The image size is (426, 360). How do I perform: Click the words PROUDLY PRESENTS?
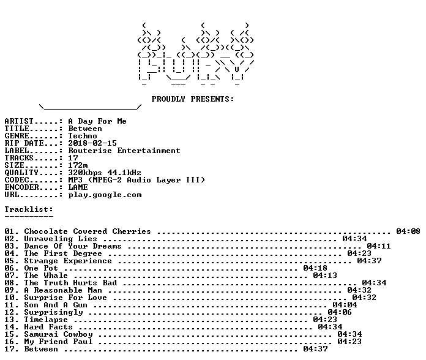(193, 99)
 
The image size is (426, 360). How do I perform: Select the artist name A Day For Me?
(97, 121)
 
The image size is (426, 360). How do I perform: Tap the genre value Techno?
(83, 136)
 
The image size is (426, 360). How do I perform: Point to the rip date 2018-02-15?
(92, 143)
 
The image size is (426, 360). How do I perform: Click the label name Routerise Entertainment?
(124, 151)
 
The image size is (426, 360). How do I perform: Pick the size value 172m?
(78, 165)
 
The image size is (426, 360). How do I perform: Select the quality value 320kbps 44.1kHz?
(105, 173)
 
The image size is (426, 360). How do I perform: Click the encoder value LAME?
(78, 187)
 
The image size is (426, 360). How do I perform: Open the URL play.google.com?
(105, 195)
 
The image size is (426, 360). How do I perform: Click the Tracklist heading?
(29, 209)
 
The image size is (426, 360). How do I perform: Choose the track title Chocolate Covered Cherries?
(88, 231)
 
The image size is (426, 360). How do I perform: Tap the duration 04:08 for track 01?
(408, 231)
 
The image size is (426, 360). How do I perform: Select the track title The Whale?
(46, 276)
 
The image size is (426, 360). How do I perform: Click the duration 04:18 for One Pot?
(315, 268)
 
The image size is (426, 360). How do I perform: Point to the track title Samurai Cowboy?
(58, 334)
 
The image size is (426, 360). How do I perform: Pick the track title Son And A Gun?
(56, 305)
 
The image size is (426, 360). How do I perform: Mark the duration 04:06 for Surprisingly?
(340, 312)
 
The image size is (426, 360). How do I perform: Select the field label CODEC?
(17, 180)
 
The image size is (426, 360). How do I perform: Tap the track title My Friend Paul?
(58, 342)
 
